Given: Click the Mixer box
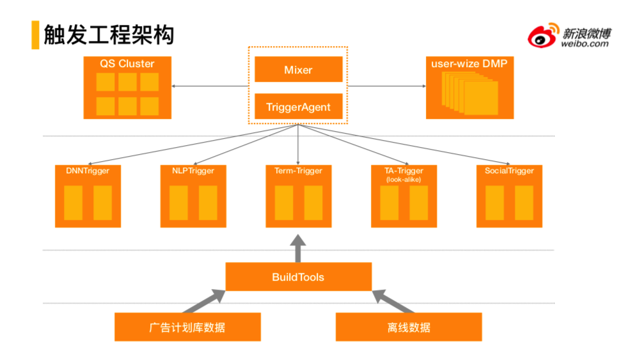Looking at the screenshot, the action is click(x=298, y=69).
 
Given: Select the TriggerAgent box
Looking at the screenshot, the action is click(x=298, y=107).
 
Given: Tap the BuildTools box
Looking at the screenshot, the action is click(x=298, y=277).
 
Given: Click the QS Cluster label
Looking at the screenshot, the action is click(x=127, y=64).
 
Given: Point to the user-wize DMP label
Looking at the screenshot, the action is click(x=469, y=64).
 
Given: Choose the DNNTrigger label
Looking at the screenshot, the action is click(x=88, y=171).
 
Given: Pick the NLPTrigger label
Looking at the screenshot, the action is click(x=193, y=171).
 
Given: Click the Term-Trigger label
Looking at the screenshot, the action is click(x=298, y=171).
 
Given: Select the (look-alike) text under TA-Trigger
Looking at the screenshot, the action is click(x=404, y=180).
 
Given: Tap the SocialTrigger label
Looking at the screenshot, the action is click(x=509, y=171).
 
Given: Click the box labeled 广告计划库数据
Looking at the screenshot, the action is click(x=187, y=327).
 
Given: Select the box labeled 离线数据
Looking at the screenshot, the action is click(x=409, y=327).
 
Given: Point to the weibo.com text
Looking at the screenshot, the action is click(x=585, y=43).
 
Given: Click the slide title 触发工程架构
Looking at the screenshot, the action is click(x=109, y=35).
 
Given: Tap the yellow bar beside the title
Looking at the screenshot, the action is click(x=35, y=35).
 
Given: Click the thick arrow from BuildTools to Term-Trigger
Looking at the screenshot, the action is click(x=298, y=248).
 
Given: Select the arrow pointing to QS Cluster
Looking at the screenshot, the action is click(x=210, y=86).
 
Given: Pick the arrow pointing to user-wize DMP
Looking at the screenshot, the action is click(x=387, y=86).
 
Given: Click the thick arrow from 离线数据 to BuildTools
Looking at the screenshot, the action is click(x=393, y=301).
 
